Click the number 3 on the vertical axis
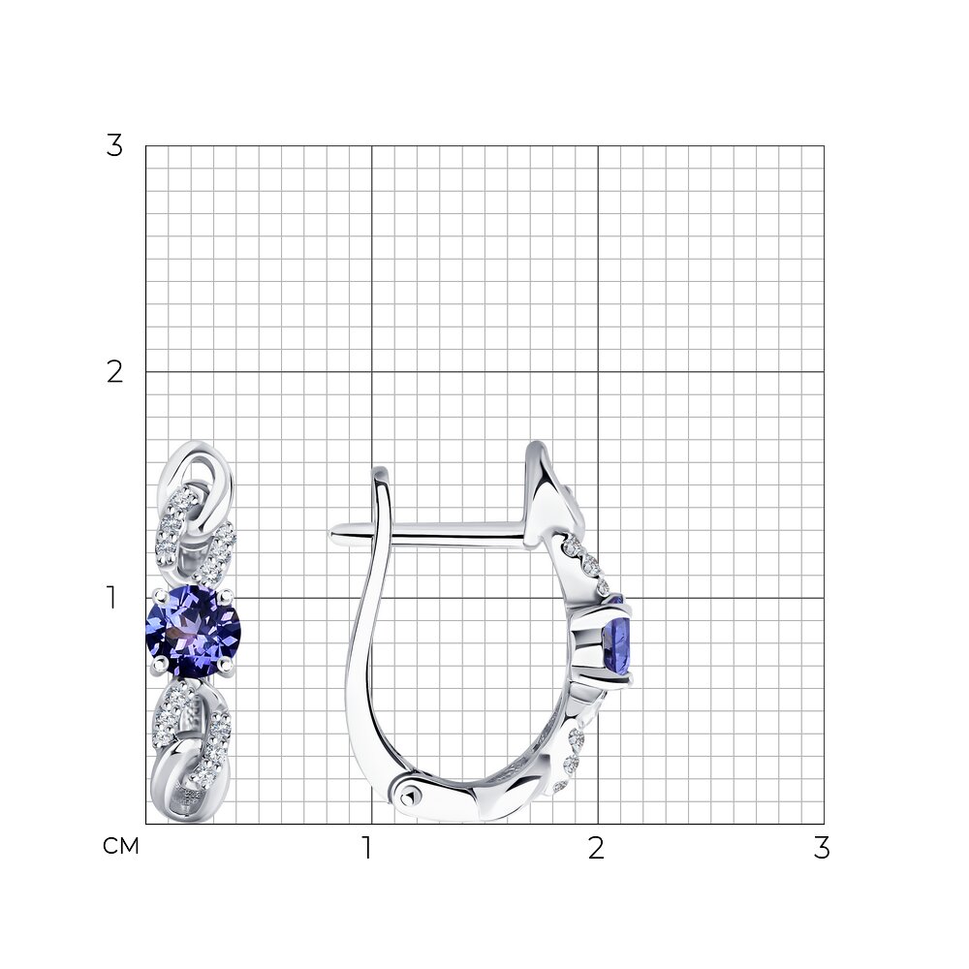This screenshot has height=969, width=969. tap(114, 147)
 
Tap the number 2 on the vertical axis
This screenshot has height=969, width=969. tap(114, 372)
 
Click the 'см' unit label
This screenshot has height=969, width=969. tap(121, 847)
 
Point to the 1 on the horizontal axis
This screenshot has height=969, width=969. tap(367, 849)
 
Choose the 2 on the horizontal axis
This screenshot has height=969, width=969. tap(596, 849)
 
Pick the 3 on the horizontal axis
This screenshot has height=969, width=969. tap(822, 849)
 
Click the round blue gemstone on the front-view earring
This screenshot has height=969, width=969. tap(193, 631)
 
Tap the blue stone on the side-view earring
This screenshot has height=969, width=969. tap(617, 640)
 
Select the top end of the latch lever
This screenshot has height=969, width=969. tap(380, 472)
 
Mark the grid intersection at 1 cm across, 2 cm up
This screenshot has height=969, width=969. tap(372, 372)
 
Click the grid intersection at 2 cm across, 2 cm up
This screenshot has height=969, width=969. tap(598, 372)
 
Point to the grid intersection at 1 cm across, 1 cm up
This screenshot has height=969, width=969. tap(372, 598)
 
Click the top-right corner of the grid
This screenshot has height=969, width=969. tap(824, 146)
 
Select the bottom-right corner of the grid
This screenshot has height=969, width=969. tap(824, 824)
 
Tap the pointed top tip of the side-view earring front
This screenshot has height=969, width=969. tap(535, 445)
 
